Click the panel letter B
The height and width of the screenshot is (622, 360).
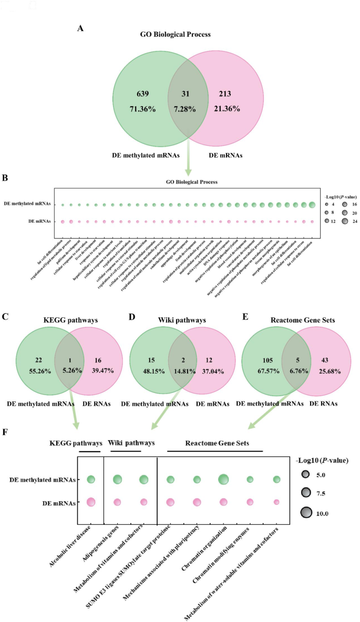(x=5, y=178)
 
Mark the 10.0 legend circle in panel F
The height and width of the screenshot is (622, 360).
(x=305, y=512)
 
